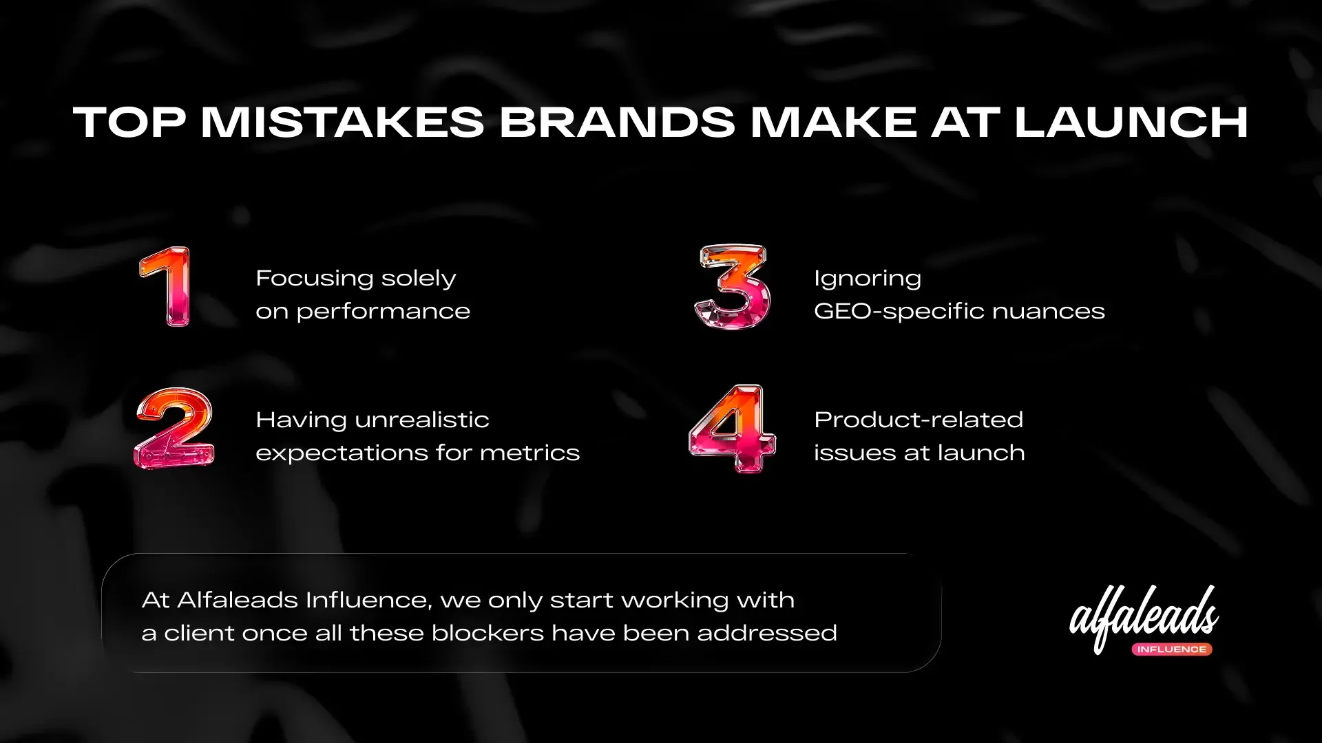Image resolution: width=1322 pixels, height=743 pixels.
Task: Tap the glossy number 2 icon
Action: [174, 428]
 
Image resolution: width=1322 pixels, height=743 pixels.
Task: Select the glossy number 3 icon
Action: [731, 287]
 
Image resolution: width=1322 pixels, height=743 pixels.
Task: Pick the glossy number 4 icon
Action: [732, 429]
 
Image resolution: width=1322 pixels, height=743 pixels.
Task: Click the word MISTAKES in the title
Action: [342, 122]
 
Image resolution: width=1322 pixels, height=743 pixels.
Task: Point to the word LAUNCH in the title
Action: [1131, 122]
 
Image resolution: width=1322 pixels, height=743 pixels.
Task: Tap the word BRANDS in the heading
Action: [617, 122]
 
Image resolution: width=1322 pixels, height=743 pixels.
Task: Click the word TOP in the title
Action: [129, 122]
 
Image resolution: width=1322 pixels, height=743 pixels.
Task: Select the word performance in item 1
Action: [383, 312]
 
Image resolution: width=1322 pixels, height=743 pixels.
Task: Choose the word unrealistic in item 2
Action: [421, 420]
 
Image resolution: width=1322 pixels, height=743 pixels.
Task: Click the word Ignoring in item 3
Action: [868, 279]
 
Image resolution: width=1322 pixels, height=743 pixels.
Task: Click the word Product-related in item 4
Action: [919, 420]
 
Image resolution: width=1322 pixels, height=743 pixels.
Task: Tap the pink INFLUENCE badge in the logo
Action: [1172, 649]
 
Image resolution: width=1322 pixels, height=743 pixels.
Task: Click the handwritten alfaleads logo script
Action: [1144, 614]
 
